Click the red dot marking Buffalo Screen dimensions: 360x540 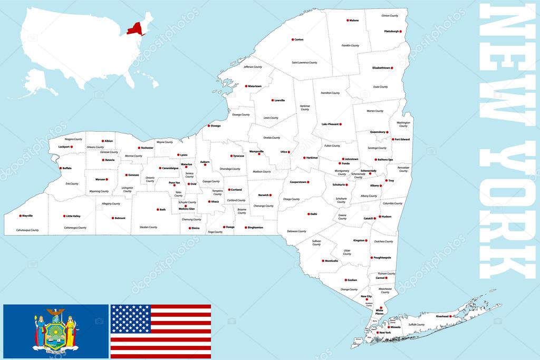(x=60, y=168)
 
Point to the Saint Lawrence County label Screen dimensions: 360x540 (x=304, y=62)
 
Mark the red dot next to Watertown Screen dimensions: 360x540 (x=246, y=86)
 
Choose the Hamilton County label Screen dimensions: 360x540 (x=330, y=93)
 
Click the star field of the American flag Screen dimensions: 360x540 (x=130, y=318)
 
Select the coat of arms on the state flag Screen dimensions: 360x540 (x=55, y=328)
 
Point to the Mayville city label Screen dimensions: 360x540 (x=27, y=216)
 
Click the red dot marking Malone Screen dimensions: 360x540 (x=348, y=21)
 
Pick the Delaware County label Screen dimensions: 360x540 (x=296, y=231)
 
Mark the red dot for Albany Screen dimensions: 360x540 (x=381, y=186)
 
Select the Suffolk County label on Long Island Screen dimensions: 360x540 (x=417, y=325)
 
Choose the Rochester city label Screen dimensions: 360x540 (x=148, y=148)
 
